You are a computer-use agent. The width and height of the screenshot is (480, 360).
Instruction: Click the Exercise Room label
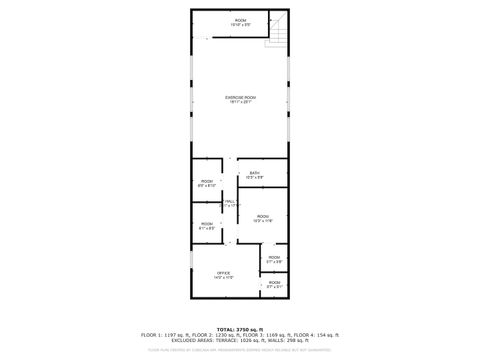coord(240,96)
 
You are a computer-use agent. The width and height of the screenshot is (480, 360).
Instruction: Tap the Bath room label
coord(255,173)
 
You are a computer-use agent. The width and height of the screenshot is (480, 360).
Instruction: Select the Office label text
coord(224,272)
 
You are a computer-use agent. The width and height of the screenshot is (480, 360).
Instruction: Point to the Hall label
coord(230,202)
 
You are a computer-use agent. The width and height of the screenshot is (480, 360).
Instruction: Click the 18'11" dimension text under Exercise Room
coord(240,101)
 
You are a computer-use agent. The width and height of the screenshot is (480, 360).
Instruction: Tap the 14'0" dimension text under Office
coord(224,277)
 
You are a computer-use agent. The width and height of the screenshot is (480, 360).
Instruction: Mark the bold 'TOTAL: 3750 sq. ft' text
coord(240,328)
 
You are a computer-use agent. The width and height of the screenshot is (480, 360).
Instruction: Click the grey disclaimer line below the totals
coord(240,350)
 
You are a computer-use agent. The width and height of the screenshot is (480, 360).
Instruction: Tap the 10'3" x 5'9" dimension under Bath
coord(255,178)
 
